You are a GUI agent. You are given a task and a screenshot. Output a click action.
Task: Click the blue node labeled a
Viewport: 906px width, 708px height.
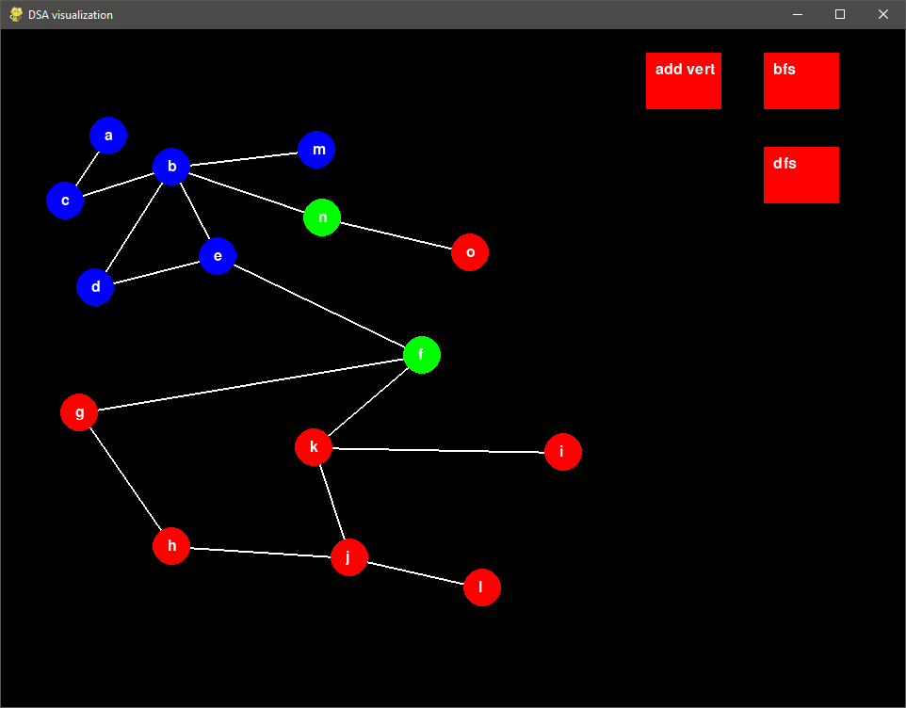pyautogui.click(x=108, y=136)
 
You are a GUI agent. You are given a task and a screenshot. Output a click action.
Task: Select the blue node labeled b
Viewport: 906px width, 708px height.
pyautogui.click(x=171, y=168)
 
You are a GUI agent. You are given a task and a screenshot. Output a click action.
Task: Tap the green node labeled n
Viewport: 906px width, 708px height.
pyautogui.click(x=322, y=217)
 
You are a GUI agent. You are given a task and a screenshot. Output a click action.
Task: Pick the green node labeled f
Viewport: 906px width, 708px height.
pyautogui.click(x=422, y=354)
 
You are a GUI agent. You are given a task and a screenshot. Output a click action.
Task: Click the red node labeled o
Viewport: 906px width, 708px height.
pyautogui.click(x=470, y=252)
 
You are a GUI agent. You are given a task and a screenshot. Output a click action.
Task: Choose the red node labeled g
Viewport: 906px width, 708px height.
pyautogui.click(x=79, y=411)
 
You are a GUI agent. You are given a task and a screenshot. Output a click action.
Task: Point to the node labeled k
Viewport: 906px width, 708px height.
pyautogui.click(x=314, y=446)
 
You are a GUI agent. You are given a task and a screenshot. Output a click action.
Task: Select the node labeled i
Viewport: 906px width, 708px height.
pyautogui.click(x=562, y=452)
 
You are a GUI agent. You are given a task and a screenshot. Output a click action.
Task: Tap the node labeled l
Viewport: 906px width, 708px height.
pyautogui.click(x=481, y=587)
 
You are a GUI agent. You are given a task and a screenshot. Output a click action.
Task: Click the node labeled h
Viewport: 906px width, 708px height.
pyautogui.click(x=171, y=545)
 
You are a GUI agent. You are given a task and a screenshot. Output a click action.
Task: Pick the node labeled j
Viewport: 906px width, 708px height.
pyautogui.click(x=348, y=556)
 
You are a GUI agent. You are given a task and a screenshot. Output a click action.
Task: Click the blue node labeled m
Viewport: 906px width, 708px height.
pyautogui.click(x=316, y=150)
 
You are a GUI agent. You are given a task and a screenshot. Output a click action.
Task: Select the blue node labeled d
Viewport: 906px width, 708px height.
pyautogui.click(x=95, y=286)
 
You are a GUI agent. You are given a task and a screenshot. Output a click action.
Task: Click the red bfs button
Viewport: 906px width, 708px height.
pyautogui.click(x=801, y=81)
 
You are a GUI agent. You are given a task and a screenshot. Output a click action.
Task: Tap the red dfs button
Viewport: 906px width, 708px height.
pyautogui.click(x=801, y=175)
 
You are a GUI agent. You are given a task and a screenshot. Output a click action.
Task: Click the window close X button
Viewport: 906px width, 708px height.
pyautogui.click(x=882, y=14)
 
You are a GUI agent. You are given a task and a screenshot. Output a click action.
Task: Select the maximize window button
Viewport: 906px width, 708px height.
pyautogui.click(x=840, y=14)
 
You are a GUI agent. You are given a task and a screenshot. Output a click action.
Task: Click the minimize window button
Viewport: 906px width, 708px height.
pyautogui.click(x=798, y=14)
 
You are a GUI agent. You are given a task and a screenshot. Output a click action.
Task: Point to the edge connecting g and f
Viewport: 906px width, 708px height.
pyautogui.click(x=251, y=383)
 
